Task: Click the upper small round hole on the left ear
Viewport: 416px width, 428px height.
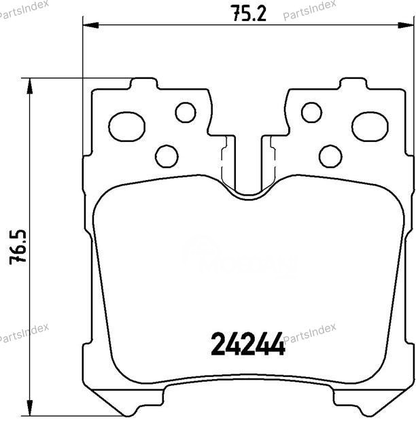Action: pyautogui.click(x=185, y=112)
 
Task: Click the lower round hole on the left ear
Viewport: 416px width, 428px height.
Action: pyautogui.click(x=167, y=156)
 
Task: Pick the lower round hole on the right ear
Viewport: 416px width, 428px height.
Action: pyautogui.click(x=330, y=156)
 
